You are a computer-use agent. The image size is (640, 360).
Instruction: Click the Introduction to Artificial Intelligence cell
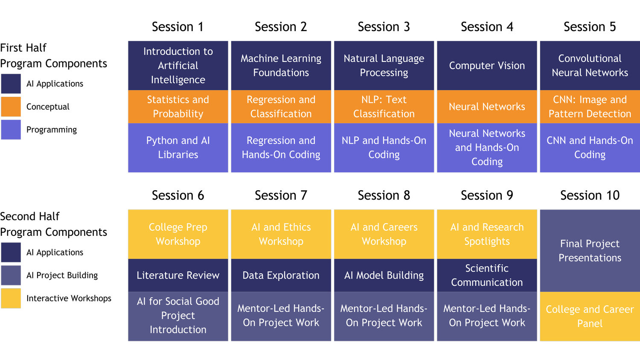[x=178, y=65]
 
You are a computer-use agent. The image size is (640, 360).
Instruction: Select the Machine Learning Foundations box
[x=281, y=65]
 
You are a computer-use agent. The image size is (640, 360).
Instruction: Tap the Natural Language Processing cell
[x=384, y=65]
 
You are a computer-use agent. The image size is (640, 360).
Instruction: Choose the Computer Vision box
[x=487, y=65]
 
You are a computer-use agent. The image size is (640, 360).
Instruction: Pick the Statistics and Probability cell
[x=178, y=107]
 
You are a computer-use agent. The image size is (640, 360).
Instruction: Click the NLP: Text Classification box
[x=384, y=107]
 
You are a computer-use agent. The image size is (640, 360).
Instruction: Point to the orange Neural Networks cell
[x=487, y=107]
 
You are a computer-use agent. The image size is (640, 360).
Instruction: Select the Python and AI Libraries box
[x=178, y=148]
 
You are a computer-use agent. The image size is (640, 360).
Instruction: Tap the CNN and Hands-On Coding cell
[x=590, y=148]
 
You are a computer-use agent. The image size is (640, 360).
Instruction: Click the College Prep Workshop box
[x=178, y=234]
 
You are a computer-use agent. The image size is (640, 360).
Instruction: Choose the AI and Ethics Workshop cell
[x=281, y=234]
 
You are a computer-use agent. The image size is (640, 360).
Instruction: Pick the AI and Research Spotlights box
[x=487, y=234]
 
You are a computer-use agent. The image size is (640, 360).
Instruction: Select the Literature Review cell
[x=178, y=275]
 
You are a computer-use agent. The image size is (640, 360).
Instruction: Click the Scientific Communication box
[x=487, y=275]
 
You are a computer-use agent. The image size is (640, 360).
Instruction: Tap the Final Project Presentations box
[x=590, y=250]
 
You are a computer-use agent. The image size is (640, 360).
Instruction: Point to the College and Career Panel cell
[x=590, y=316]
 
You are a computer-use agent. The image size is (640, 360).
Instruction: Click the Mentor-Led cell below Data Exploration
[x=281, y=316]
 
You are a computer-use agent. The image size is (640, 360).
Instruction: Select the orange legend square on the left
[x=11, y=107]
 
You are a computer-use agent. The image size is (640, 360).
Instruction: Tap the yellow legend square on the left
[x=11, y=298]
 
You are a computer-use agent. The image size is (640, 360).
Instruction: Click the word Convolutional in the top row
[x=590, y=58]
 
